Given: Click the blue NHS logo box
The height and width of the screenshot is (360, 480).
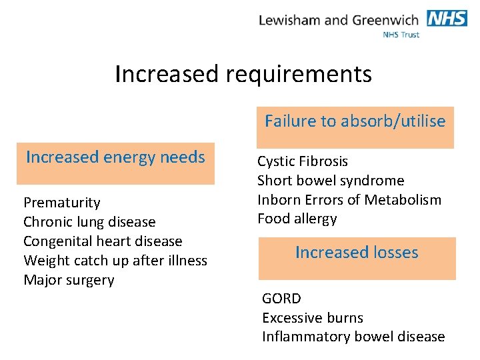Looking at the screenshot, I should click(x=447, y=18).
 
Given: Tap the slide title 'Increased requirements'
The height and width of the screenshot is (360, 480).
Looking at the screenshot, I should click(x=243, y=74).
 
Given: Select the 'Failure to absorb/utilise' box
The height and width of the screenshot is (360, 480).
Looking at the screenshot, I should click(x=355, y=127).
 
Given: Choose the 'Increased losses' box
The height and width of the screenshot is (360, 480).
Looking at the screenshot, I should click(x=357, y=257).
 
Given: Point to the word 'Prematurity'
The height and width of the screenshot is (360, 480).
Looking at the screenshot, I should click(x=62, y=203).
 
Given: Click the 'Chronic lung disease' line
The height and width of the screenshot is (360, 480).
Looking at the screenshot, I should click(x=89, y=222).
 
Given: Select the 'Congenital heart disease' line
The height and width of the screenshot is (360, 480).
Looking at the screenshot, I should click(x=103, y=241).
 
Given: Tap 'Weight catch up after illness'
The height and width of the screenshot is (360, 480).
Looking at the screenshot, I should click(x=115, y=261).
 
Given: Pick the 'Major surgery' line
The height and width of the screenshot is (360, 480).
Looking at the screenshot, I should click(x=69, y=280).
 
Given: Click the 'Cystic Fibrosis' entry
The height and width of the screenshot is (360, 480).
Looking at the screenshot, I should click(x=303, y=161).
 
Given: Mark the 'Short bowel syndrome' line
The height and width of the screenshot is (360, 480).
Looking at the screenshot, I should click(x=331, y=181).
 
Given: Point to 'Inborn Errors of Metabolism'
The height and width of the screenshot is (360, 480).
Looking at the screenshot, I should click(x=349, y=200).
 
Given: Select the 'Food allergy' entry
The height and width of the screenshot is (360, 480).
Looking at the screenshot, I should click(x=297, y=219).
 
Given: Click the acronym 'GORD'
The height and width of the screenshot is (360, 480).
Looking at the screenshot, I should click(x=281, y=299).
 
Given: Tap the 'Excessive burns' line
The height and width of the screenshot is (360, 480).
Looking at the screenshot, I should click(x=313, y=318).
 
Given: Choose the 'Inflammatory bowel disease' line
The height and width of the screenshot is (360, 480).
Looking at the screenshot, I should click(x=353, y=337).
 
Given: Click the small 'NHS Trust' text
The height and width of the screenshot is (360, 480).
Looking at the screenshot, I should click(x=401, y=35).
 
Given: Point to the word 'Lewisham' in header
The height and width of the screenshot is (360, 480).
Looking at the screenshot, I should click(x=290, y=20).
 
